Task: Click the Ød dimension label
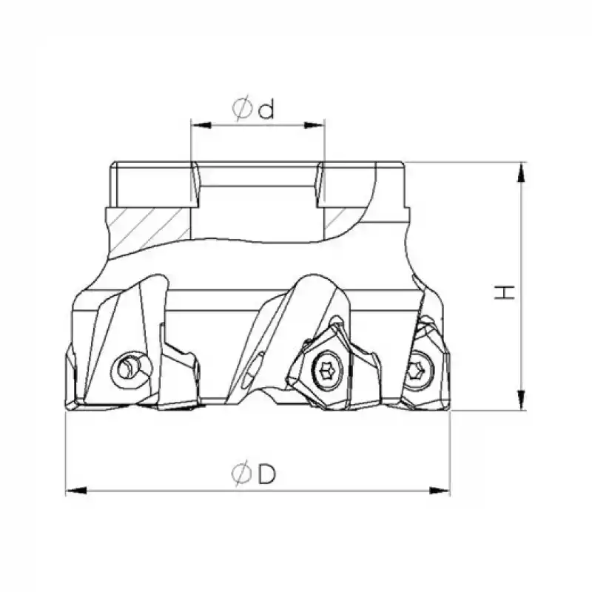[254, 110]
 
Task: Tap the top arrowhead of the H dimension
[523, 172]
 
